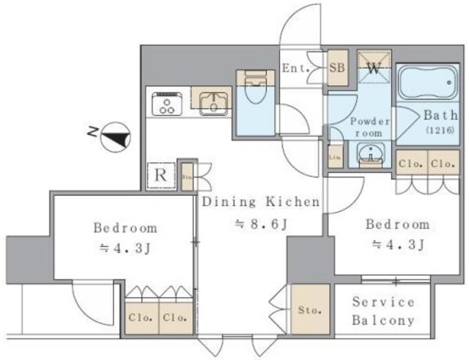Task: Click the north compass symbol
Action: (x=114, y=136)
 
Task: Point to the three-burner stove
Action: (x=168, y=104)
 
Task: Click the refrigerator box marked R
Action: (x=160, y=175)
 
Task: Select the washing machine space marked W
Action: (x=373, y=70)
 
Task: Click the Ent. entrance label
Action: (x=296, y=69)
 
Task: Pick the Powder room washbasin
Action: (x=372, y=154)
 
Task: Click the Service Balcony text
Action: (x=383, y=311)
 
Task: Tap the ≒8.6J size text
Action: (x=261, y=224)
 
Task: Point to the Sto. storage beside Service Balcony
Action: (x=309, y=310)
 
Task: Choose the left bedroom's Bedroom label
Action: (x=124, y=227)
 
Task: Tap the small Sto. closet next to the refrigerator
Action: (x=187, y=175)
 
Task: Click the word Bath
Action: (x=440, y=115)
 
